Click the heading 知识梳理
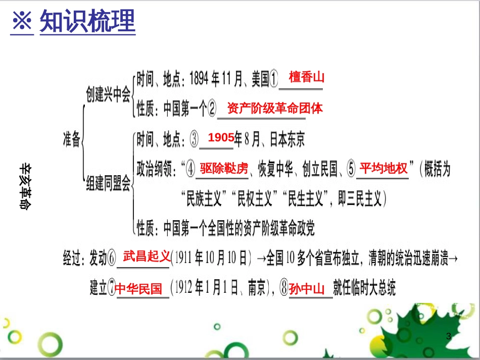87,21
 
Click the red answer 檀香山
306,77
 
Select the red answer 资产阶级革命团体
275,108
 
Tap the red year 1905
221,137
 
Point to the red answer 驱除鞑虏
224,168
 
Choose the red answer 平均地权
383,168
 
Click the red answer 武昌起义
147,256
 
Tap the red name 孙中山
307,289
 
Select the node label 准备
71,140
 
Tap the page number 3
448,336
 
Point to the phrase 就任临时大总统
364,288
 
